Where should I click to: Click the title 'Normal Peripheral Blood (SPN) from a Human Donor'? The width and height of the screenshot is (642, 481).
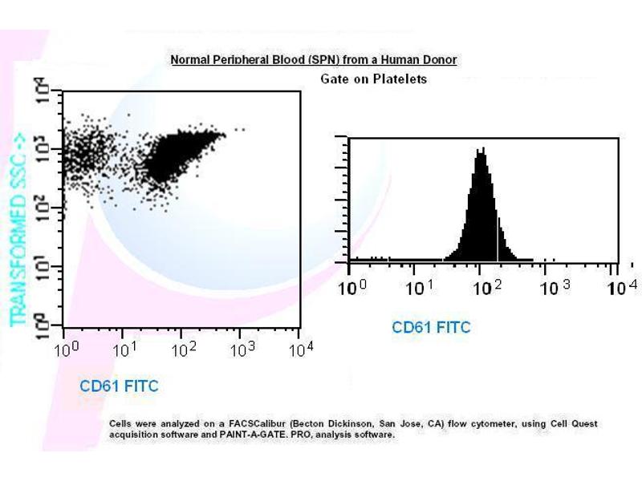313,60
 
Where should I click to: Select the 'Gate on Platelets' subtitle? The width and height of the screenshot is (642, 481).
373,79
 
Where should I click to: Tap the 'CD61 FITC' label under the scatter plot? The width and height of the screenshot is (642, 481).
119,386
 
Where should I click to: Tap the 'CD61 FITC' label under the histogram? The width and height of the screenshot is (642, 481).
431,327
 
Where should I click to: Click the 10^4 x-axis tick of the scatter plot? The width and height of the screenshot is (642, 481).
301,350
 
